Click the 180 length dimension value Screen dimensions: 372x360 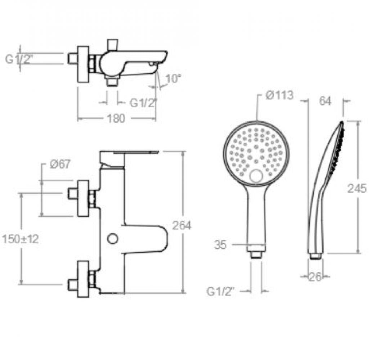coord(116,118)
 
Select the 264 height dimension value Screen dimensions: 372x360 coord(181,225)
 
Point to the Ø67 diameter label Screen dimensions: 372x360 coord(60,164)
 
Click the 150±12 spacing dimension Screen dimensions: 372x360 coord(21,239)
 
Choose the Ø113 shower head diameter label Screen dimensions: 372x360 coord(279,95)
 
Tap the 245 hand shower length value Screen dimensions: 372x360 coord(357,189)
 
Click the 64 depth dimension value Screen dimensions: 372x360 coord(325,101)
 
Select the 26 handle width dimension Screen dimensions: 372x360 coord(315,277)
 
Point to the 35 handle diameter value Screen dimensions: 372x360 coord(220,245)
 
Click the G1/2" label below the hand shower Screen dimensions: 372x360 coord(221,292)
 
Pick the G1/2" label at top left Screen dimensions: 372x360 coord(18,59)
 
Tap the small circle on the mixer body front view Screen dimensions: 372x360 coord(113,239)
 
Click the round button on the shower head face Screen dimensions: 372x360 coord(256,176)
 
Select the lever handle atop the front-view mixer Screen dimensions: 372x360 coord(129,158)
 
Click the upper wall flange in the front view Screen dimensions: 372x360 coord(83,198)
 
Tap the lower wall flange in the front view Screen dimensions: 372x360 coord(83,279)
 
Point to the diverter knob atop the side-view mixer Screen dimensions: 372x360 coord(112,45)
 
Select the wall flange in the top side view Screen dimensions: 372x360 coord(83,64)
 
